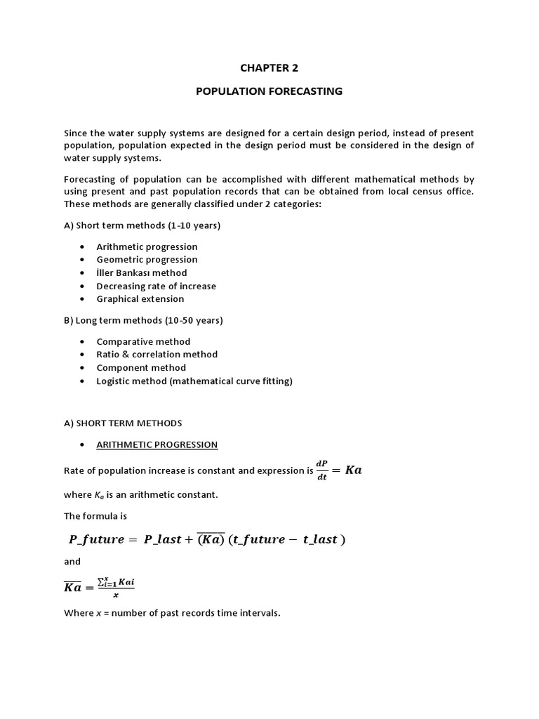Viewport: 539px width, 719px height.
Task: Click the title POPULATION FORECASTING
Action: (269, 91)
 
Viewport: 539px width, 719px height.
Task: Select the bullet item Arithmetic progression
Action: (147, 246)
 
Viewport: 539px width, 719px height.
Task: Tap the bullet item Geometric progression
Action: (147, 259)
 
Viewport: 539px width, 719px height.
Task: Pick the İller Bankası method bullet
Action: (141, 272)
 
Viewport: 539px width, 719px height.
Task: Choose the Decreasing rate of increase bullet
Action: (156, 286)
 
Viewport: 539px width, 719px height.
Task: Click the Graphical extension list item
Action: (140, 298)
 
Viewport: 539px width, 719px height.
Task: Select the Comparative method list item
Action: (143, 341)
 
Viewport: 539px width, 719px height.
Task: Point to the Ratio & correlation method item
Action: (157, 354)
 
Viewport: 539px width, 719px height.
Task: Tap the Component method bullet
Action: (141, 367)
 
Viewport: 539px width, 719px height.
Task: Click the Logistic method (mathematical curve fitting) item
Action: (194, 381)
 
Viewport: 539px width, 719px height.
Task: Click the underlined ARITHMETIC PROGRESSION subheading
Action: (157, 444)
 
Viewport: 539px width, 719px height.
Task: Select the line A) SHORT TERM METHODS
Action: (123, 423)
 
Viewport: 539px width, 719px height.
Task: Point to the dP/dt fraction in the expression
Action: (322, 470)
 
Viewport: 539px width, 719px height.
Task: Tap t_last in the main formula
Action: (320, 539)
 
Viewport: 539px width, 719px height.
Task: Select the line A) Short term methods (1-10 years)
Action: (142, 225)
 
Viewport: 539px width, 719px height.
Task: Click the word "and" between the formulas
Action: (72, 561)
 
